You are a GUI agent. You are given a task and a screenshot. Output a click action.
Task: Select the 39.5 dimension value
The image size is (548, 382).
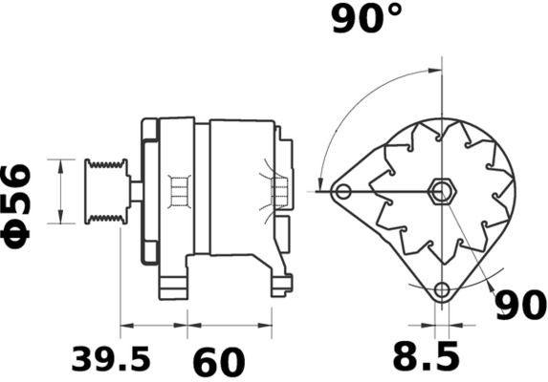click(x=111, y=359)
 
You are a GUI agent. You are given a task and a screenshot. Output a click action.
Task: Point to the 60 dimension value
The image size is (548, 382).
click(x=219, y=361)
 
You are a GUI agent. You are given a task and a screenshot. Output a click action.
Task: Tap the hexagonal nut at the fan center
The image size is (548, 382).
click(x=440, y=191)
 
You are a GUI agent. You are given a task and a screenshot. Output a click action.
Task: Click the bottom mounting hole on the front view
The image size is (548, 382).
click(x=441, y=290)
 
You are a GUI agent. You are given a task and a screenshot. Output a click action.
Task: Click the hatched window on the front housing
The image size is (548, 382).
click(x=176, y=191)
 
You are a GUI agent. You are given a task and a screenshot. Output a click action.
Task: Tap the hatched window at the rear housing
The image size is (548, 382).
click(x=279, y=194)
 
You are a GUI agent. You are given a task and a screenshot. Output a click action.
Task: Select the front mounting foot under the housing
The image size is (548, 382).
click(x=172, y=284)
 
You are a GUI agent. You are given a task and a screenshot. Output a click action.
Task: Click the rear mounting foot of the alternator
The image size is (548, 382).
click(x=280, y=283)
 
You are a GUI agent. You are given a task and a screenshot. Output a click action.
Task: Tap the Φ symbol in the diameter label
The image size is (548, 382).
click(x=19, y=235)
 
